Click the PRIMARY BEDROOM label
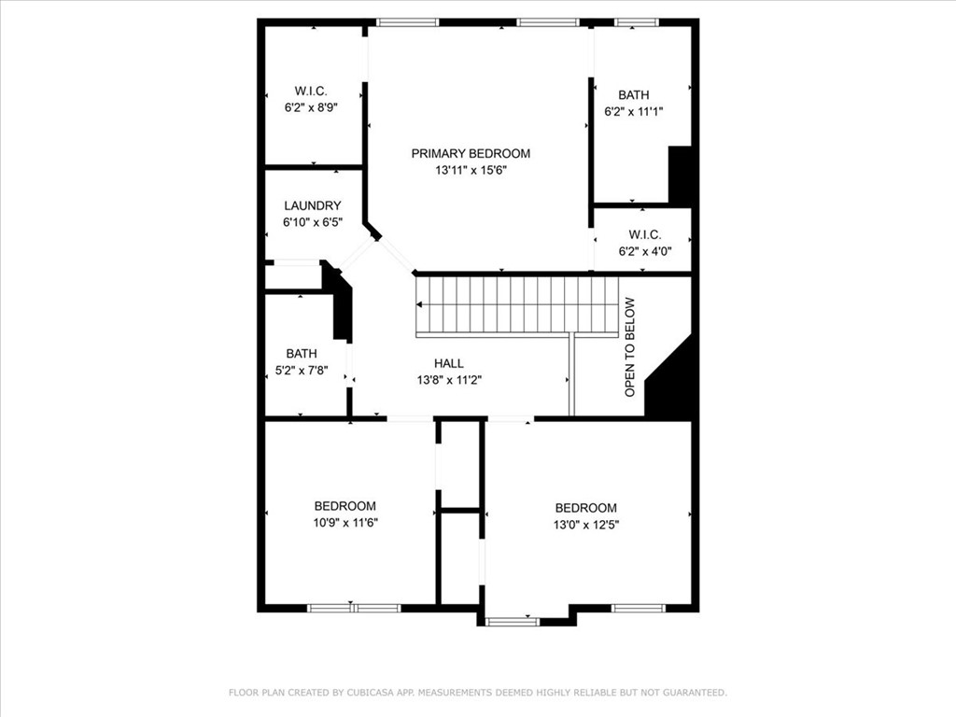click(x=471, y=153)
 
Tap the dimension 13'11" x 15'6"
click(x=471, y=170)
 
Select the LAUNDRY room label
click(x=312, y=205)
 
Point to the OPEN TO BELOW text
click(x=630, y=346)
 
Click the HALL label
click(x=448, y=363)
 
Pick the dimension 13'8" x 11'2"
click(x=448, y=380)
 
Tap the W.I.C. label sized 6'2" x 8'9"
click(x=311, y=91)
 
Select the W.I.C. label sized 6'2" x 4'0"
click(x=644, y=234)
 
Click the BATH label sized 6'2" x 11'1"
click(x=633, y=94)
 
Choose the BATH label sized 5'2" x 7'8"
click(x=301, y=354)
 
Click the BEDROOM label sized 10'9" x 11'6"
click(x=344, y=506)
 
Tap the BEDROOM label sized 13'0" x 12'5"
click(x=585, y=508)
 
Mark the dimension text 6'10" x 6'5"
click(x=312, y=222)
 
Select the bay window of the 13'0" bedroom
click(x=512, y=621)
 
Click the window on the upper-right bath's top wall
click(x=636, y=21)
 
